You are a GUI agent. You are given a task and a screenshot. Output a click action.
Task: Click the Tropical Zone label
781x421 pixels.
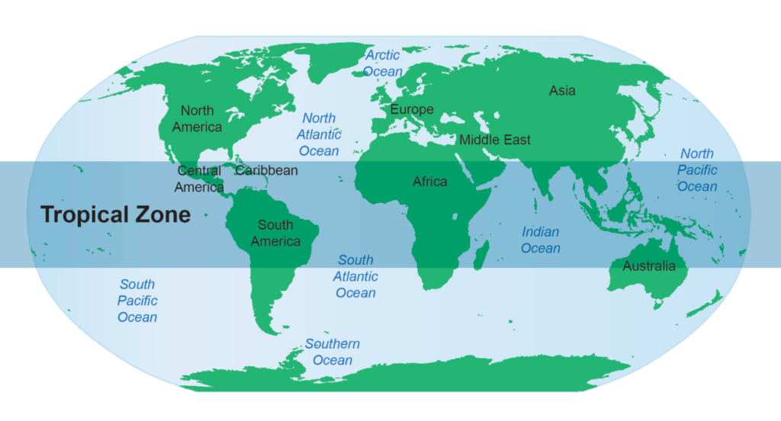tap(115, 214)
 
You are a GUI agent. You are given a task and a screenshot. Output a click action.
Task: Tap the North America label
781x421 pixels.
tap(197, 119)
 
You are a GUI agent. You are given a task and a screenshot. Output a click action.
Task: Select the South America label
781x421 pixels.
tap(275, 233)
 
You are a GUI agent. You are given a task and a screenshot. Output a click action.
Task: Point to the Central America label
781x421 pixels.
tap(199, 178)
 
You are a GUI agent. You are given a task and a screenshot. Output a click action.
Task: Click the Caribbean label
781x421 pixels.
tap(266, 170)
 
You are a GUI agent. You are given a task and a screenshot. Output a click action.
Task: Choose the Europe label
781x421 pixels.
tap(412, 109)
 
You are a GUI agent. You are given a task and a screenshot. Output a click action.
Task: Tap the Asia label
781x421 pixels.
tap(562, 91)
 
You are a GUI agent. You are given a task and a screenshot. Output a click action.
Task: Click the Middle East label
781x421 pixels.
tap(494, 140)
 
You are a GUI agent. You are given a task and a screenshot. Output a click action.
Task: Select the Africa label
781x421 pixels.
tap(429, 182)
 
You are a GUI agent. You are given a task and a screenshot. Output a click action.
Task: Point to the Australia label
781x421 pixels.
tap(649, 266)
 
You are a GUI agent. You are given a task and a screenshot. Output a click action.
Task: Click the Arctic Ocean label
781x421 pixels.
tap(382, 63)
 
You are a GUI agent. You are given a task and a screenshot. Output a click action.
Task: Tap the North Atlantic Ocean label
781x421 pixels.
tap(319, 134)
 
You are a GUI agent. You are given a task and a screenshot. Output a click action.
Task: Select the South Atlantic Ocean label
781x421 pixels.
tap(355, 276)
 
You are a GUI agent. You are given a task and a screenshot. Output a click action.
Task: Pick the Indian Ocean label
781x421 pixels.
tap(540, 239)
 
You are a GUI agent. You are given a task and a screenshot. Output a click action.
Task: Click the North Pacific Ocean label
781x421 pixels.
tap(697, 170)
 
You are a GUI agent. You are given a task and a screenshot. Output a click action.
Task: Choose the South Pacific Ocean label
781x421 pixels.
tap(137, 300)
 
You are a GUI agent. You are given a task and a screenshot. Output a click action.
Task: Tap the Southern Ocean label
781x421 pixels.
tap(333, 352)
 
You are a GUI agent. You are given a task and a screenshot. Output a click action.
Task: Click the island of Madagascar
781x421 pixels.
tap(481, 254)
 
